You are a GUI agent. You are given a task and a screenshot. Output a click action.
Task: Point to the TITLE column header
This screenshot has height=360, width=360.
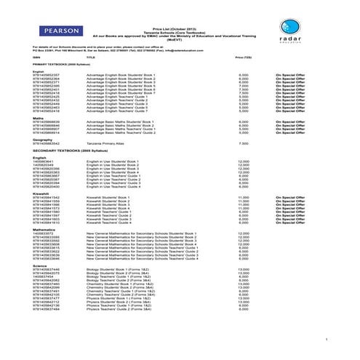pos(90,55)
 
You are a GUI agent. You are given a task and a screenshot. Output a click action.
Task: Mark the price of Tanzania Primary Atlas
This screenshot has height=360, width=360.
pos(243,143)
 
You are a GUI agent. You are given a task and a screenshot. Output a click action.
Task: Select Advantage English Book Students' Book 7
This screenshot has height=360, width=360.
pos(121,93)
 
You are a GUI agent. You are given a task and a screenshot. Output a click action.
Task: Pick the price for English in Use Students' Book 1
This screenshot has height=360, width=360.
pos(243,161)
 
